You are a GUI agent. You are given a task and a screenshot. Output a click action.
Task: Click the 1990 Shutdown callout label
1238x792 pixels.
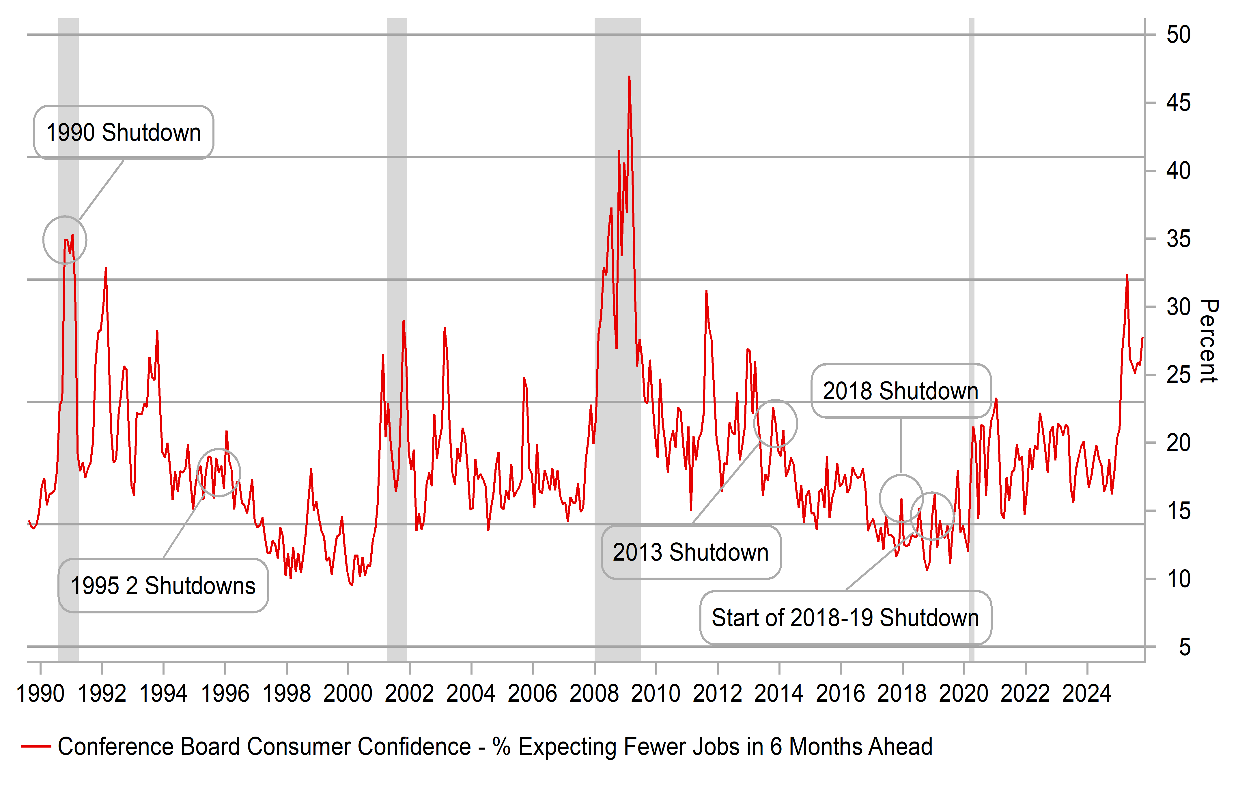[124, 133]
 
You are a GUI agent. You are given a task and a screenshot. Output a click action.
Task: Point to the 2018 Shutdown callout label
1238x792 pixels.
[901, 391]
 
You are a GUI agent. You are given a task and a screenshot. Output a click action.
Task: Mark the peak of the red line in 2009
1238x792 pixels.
[629, 77]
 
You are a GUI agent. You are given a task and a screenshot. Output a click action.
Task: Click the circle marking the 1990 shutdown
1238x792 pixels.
[65, 240]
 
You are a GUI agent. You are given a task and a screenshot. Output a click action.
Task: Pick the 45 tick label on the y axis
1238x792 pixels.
[1178, 103]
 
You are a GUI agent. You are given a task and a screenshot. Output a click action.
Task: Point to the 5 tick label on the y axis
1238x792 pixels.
[1185, 647]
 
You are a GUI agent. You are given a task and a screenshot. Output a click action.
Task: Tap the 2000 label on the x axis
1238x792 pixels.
[348, 694]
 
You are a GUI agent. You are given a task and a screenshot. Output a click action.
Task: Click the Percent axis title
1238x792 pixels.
[1209, 340]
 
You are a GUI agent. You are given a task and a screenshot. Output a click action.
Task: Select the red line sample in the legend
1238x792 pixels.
[36, 746]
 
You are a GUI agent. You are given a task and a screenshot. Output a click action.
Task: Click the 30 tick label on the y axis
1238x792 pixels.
[1178, 307]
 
